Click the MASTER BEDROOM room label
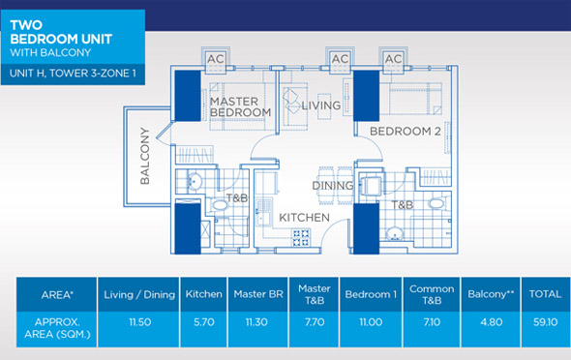[240, 106]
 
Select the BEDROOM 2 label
[398, 131]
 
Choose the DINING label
[331, 185]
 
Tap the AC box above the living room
[340, 60]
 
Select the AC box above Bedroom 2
[393, 60]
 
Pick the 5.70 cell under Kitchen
[203, 325]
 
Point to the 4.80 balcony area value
[487, 325]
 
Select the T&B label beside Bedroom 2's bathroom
[403, 205]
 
